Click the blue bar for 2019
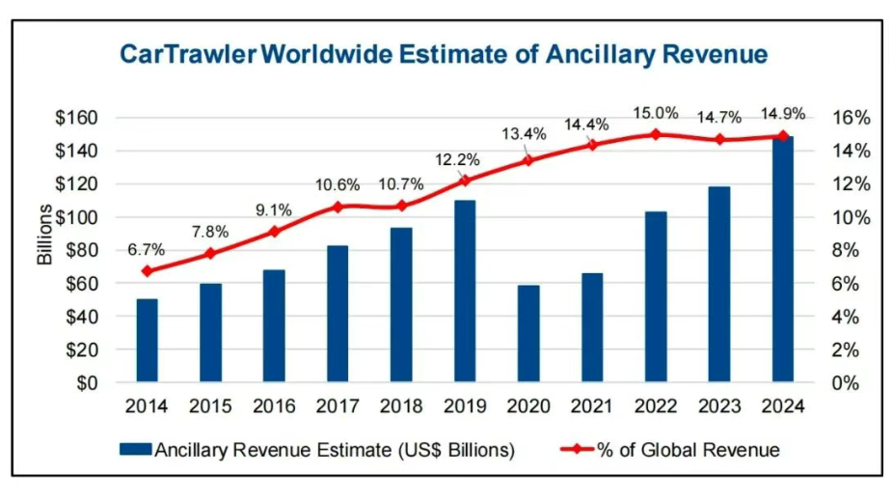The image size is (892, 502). click(465, 291)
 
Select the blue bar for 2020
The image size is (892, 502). click(528, 333)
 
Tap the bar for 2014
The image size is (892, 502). click(147, 340)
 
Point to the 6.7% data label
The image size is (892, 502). click(147, 249)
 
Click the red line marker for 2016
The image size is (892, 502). click(274, 232)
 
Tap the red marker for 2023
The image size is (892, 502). click(719, 139)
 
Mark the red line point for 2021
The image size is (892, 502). click(592, 145)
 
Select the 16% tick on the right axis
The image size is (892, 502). click(851, 118)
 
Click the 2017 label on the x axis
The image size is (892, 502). click(338, 406)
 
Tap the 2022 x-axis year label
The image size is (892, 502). click(656, 406)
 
